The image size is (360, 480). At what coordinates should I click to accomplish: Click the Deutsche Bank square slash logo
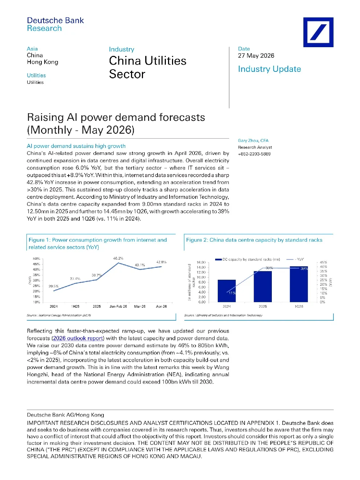[x=318, y=32]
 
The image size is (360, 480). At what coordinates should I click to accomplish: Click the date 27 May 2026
[x=256, y=56]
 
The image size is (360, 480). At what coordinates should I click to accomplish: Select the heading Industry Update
[x=269, y=69]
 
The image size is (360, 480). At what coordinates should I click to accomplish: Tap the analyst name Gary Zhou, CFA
[x=253, y=140]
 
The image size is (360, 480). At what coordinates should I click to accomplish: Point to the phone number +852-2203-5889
[x=254, y=154]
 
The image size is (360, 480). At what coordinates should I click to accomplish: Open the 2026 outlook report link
[x=78, y=338]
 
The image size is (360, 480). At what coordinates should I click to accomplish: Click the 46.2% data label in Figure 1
[x=118, y=258]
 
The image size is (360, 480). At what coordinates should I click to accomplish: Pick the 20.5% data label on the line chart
[x=54, y=286]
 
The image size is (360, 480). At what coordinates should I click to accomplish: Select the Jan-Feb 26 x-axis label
[x=118, y=306]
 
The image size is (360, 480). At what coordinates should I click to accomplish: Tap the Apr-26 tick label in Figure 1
[x=161, y=306]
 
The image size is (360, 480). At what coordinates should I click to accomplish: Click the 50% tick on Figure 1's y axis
[x=37, y=259]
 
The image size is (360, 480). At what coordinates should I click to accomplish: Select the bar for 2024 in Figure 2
[x=226, y=291]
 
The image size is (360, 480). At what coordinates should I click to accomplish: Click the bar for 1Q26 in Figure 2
[x=299, y=284]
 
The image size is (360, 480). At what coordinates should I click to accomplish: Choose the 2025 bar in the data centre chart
[x=263, y=287]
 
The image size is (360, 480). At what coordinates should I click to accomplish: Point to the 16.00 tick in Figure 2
[x=201, y=262]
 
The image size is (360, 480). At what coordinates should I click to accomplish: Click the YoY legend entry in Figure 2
[x=295, y=259]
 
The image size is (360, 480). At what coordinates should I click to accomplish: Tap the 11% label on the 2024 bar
[x=232, y=293]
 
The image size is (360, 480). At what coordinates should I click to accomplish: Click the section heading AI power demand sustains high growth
[x=76, y=146]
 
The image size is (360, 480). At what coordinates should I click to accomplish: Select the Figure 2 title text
[x=254, y=240]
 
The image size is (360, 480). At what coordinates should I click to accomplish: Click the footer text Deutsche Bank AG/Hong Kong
[x=65, y=415]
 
